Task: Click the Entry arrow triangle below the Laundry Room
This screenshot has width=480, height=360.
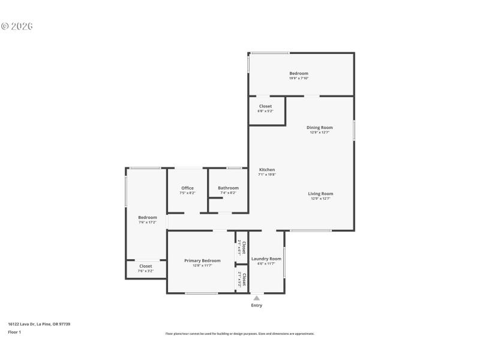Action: tap(256, 298)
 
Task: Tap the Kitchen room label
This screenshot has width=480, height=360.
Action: tap(266, 170)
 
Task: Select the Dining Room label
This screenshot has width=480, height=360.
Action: tap(319, 127)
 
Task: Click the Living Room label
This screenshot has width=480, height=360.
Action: tap(320, 194)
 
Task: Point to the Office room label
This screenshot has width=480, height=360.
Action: tap(187, 188)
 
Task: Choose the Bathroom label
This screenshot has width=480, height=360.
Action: tap(228, 188)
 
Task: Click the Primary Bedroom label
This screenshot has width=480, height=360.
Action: tap(202, 260)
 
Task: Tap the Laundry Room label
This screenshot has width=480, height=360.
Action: tap(266, 259)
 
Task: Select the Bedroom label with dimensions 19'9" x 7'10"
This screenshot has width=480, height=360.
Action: tap(299, 74)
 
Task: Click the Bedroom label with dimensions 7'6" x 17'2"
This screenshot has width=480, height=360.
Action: tap(148, 217)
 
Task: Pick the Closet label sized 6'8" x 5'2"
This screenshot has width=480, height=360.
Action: tap(265, 106)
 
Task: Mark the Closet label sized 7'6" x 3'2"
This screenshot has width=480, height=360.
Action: tap(146, 266)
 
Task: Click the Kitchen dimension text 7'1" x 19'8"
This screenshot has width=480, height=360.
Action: tap(266, 175)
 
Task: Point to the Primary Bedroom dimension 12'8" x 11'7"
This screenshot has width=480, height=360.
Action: tap(202, 265)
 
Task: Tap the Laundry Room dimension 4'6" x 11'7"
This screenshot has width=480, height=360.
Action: tap(266, 263)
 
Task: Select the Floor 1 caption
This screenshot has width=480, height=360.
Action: tap(14, 332)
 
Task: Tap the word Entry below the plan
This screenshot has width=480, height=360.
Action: tap(256, 305)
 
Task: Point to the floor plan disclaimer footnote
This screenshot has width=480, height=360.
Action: tap(239, 334)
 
